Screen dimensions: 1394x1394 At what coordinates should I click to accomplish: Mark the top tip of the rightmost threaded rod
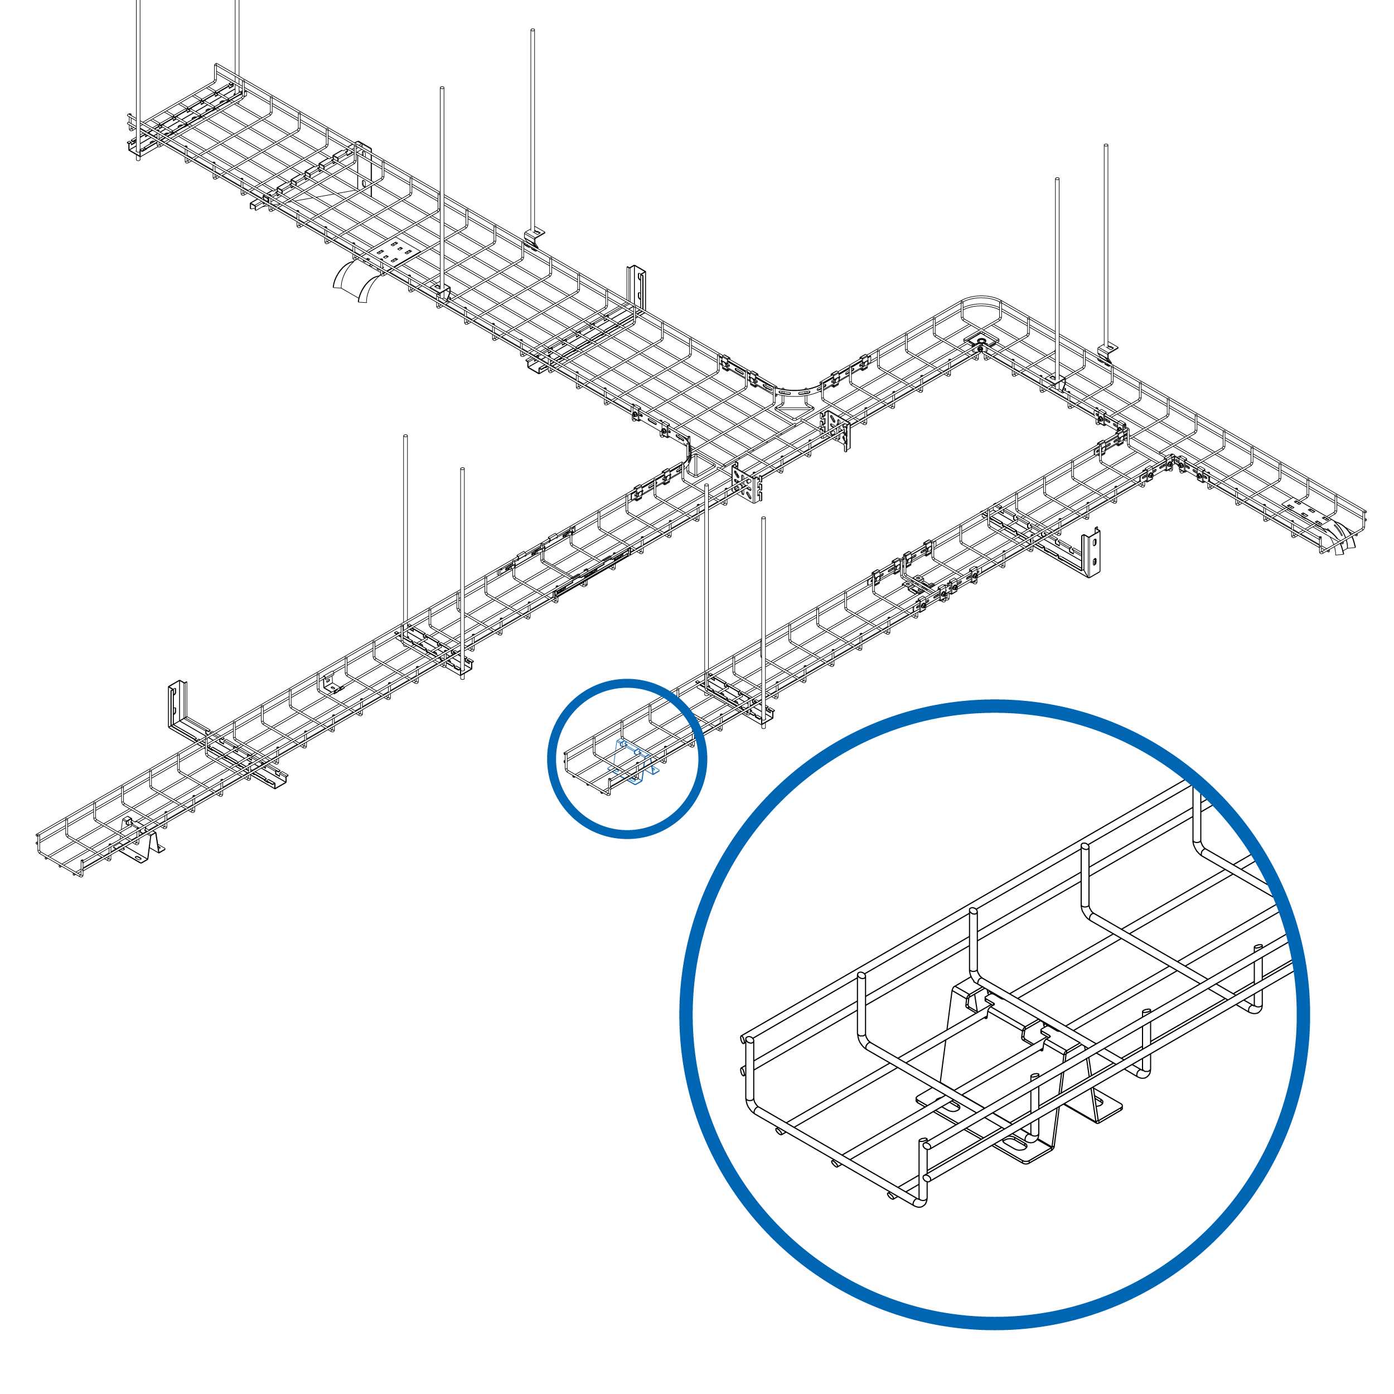coord(1105,147)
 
